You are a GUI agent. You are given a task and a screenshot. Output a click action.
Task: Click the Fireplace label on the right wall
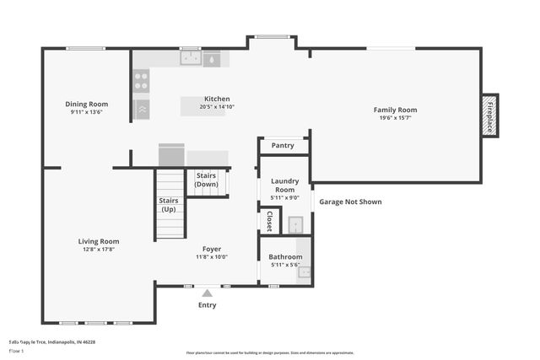(x=489, y=116)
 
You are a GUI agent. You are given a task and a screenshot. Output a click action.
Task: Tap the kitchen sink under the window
(x=191, y=58)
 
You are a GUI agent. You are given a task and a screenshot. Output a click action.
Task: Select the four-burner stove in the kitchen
(x=141, y=81)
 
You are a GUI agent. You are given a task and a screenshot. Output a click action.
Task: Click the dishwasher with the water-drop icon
(x=211, y=59)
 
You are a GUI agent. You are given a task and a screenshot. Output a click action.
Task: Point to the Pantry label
(x=283, y=146)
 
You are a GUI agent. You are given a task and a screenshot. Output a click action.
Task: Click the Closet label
(x=269, y=221)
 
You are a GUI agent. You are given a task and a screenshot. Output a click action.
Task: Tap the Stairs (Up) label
(x=168, y=205)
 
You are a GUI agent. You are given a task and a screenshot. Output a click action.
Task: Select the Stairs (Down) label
(x=207, y=180)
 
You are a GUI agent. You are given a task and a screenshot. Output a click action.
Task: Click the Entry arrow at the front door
(x=207, y=293)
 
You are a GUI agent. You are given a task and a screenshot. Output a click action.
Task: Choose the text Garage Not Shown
(x=349, y=202)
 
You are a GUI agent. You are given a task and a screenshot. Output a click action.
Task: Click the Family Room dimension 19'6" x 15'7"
(x=396, y=119)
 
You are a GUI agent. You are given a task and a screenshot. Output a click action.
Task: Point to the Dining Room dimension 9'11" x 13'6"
(x=86, y=112)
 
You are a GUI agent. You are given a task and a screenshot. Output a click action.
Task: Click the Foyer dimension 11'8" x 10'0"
(x=212, y=257)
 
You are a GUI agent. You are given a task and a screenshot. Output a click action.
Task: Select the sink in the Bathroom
(x=304, y=272)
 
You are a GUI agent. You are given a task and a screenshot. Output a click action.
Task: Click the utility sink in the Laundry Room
(x=295, y=224)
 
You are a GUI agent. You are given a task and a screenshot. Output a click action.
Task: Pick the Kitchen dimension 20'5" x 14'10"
(x=217, y=107)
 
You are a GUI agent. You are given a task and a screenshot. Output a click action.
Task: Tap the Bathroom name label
(x=285, y=256)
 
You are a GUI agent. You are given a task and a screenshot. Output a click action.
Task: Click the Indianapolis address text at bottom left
(x=51, y=342)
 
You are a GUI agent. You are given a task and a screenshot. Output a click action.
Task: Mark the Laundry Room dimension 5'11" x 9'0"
(x=285, y=198)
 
